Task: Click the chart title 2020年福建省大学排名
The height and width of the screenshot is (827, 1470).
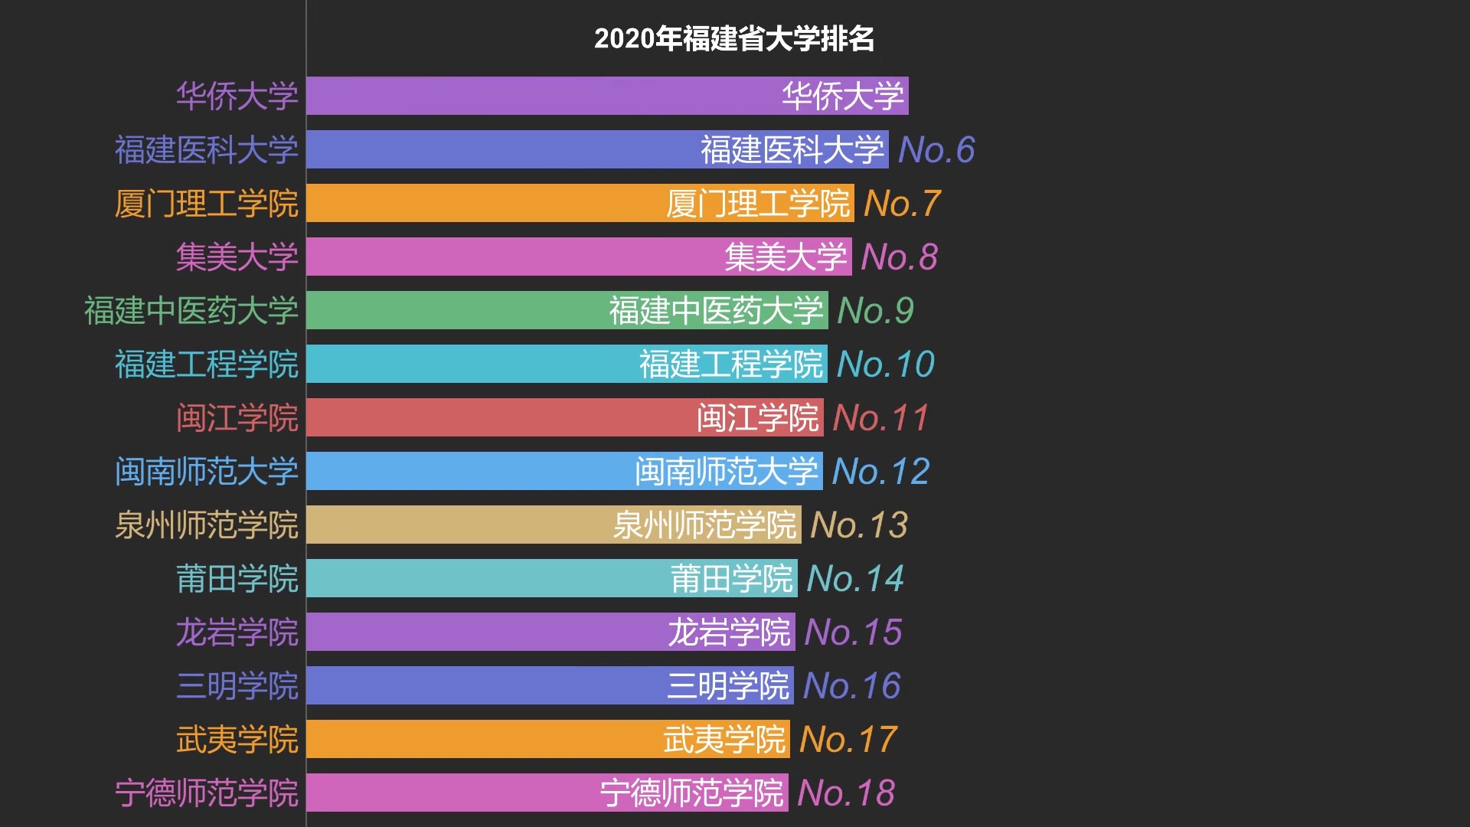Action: click(x=733, y=38)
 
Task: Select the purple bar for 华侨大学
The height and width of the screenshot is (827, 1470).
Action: click(x=606, y=96)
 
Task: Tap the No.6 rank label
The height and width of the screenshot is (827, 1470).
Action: click(x=936, y=149)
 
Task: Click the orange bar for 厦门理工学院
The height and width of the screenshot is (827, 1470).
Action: click(x=580, y=203)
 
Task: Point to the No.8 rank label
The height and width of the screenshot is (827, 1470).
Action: click(x=899, y=257)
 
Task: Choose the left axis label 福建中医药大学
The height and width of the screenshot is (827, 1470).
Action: click(x=191, y=310)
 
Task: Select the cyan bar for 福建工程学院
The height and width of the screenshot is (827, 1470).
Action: click(x=566, y=364)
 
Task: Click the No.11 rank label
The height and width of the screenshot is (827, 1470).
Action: click(x=880, y=417)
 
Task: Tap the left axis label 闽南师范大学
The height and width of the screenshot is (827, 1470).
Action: click(x=206, y=471)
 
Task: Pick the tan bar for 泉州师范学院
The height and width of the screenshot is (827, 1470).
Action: click(x=553, y=525)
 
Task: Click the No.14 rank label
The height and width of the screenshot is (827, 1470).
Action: click(x=855, y=578)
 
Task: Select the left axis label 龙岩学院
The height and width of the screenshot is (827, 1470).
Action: click(x=237, y=632)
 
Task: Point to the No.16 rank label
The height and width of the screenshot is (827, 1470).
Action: click(x=851, y=685)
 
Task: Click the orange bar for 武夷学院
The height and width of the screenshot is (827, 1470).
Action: click(x=547, y=739)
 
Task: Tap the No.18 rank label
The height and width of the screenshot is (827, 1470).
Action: click(x=845, y=793)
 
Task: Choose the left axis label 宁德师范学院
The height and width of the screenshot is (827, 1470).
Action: click(x=206, y=793)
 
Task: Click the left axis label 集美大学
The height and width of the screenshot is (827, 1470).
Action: click(x=237, y=257)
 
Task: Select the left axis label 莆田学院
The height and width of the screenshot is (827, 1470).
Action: click(x=237, y=578)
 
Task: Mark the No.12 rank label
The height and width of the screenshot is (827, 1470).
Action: click(x=880, y=471)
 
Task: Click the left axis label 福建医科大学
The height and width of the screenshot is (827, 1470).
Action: click(x=206, y=149)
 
